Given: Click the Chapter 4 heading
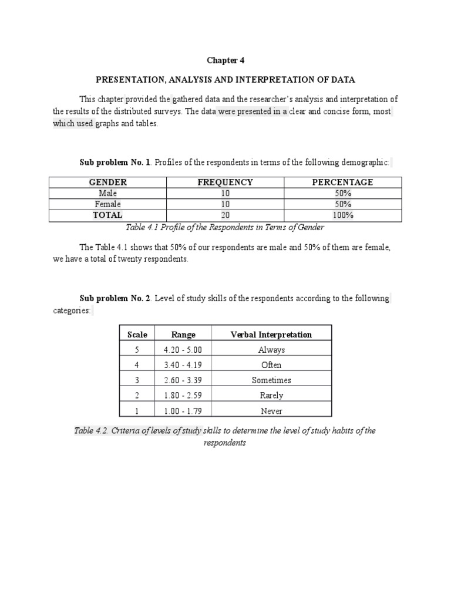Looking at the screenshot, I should pos(225,60).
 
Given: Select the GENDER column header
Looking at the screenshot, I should pos(108,182).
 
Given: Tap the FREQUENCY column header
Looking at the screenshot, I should pos(225,182).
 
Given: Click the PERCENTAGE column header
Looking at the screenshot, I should pos(342,182).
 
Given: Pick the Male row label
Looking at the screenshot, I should pos(108,193).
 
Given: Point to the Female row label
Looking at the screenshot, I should pos(108,204).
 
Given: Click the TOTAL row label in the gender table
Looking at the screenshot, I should pos(108,215).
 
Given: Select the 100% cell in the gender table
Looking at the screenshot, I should pos(342,215).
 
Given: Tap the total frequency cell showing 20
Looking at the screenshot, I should pos(225,215).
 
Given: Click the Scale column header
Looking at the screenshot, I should pos(137,335).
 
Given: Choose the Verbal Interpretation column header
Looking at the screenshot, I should pos(271,335).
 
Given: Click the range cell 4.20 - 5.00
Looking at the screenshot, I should pos(183,350).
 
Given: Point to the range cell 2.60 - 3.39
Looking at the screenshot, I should pos(183,380).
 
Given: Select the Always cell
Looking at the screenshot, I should pos(271,350).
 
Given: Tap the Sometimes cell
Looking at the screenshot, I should pos(271,380).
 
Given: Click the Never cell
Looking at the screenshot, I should pos(271,411).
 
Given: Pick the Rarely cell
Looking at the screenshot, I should pos(271,396).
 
